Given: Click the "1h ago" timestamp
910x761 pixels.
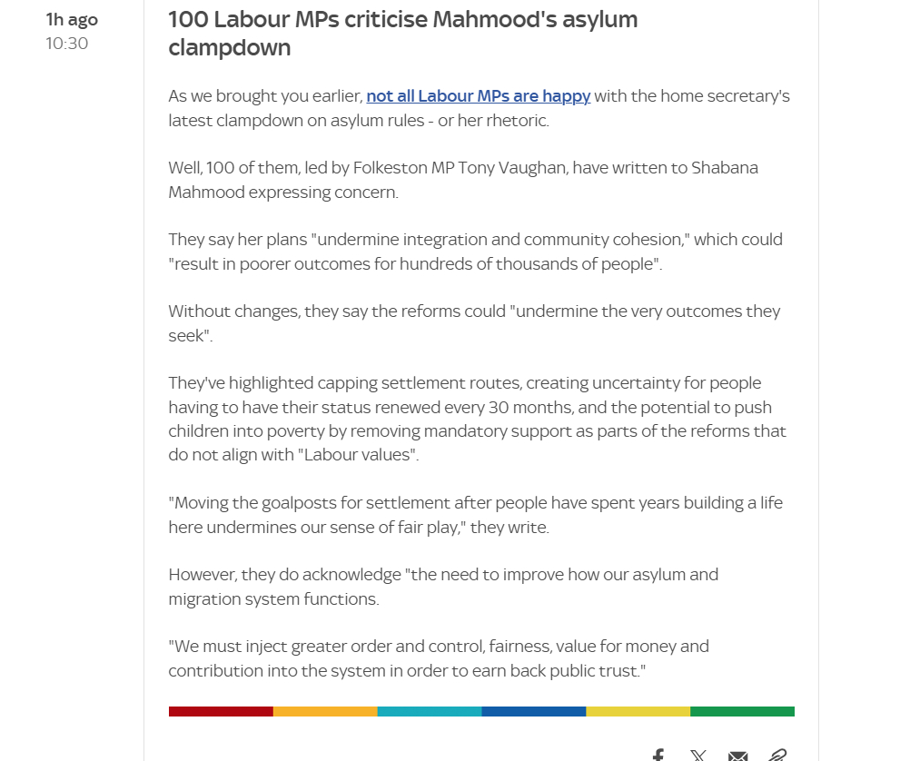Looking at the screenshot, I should click(72, 20).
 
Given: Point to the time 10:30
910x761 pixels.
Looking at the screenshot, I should click(67, 44).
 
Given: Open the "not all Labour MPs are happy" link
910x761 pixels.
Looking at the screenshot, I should click(478, 96).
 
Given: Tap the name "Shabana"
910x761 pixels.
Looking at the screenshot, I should click(725, 168).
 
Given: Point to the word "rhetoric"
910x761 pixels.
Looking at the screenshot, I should click(516, 120).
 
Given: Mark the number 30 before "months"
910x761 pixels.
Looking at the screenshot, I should click(498, 407).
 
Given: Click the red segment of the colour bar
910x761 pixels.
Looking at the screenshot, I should click(221, 711).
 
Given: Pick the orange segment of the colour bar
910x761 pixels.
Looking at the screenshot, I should click(325, 711).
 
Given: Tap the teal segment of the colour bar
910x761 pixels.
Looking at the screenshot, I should click(430, 711).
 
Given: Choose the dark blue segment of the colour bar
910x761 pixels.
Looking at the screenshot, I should click(534, 711).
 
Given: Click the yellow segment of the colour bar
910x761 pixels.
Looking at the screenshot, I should click(638, 711).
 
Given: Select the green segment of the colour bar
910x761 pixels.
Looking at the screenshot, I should click(742, 711).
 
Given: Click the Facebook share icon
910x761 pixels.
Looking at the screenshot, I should click(658, 755).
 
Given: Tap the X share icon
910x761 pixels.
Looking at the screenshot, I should click(697, 755).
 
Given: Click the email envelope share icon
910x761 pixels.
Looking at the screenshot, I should click(737, 755).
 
